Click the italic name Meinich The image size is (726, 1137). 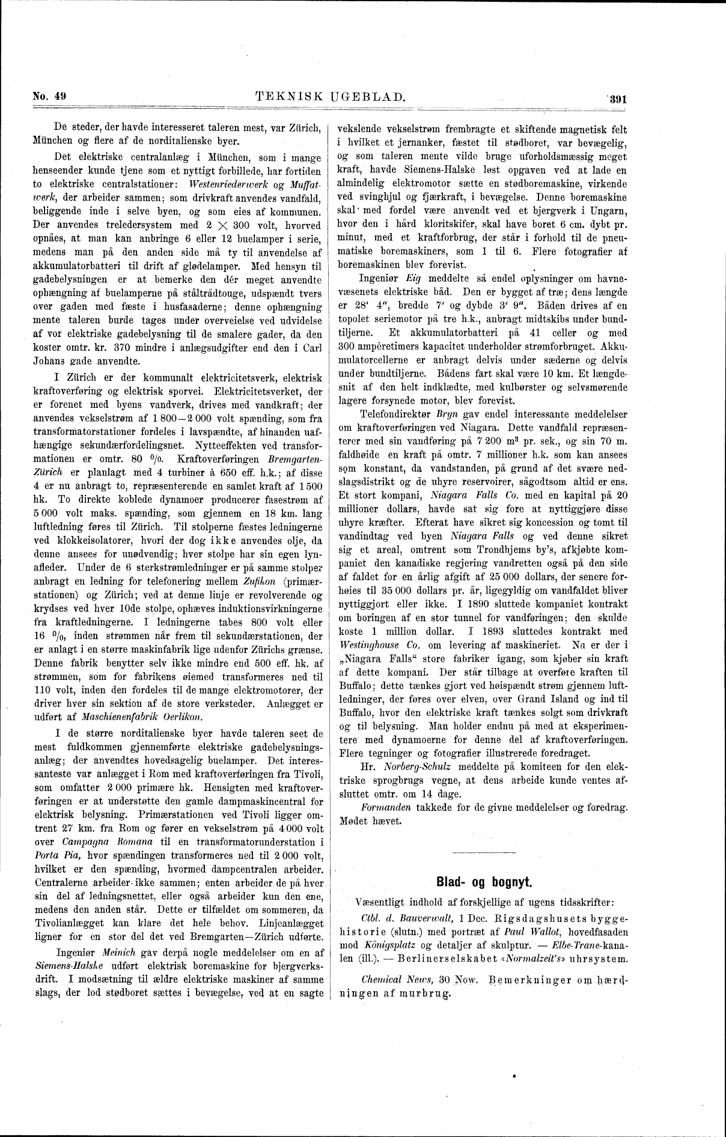coord(121,953)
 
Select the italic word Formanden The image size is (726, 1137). coord(385,808)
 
